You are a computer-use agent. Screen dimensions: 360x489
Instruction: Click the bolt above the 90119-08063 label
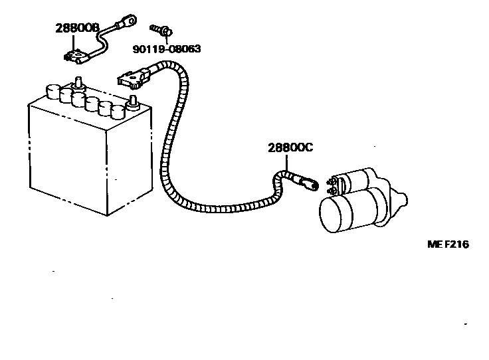point(159,29)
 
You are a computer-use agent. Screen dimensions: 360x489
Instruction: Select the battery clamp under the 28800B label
point(77,56)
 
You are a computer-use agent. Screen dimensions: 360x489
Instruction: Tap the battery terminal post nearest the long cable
point(133,103)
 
